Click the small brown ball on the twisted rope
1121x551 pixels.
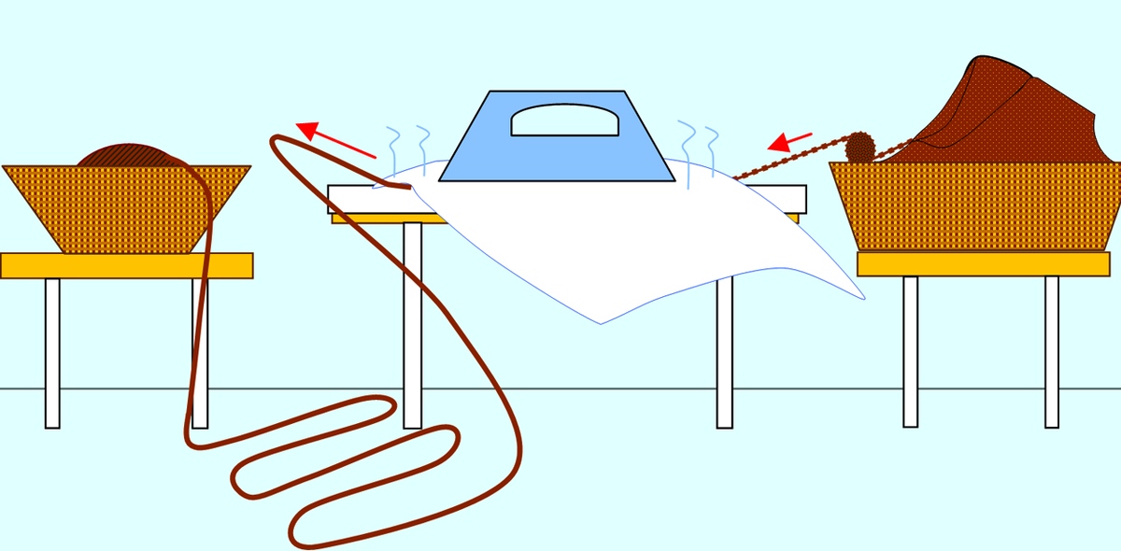(x=858, y=147)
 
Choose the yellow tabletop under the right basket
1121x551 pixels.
(x=981, y=264)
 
